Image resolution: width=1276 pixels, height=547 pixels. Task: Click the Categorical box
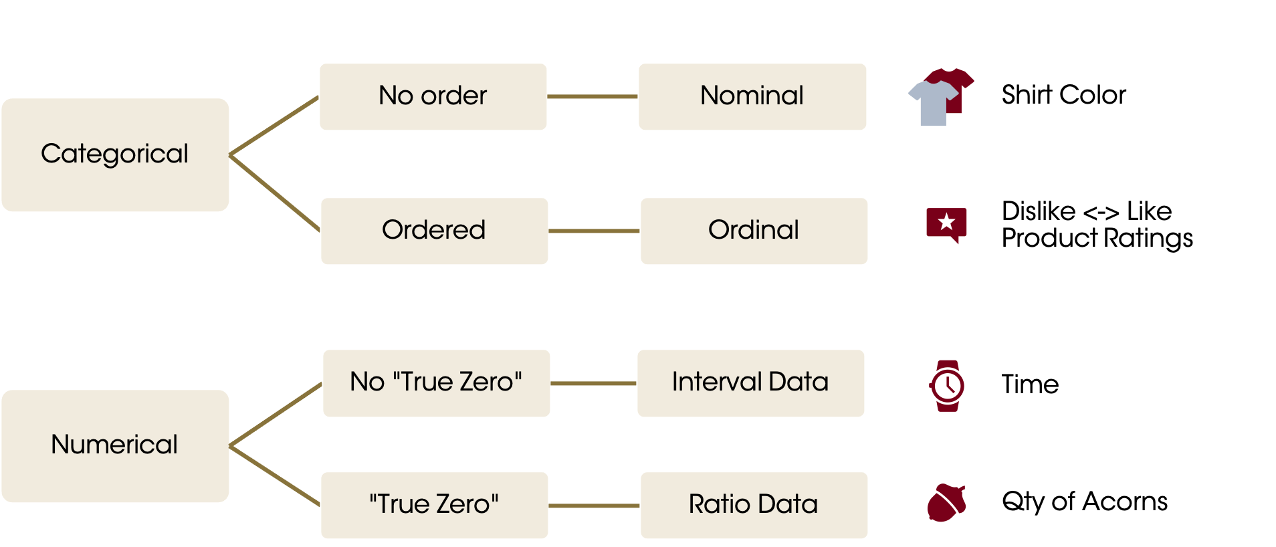click(115, 155)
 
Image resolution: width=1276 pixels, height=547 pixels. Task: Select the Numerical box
click(115, 446)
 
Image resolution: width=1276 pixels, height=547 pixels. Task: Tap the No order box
click(433, 97)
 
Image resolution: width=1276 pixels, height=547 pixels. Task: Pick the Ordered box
click(434, 231)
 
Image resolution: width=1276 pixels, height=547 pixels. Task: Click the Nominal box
click(752, 97)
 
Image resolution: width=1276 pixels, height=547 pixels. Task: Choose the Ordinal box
click(754, 231)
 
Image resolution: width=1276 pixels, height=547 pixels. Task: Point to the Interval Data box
click(750, 383)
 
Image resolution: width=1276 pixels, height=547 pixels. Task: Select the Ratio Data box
click(754, 506)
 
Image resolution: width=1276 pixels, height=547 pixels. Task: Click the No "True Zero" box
click(436, 383)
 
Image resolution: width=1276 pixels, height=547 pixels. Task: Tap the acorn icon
click(946, 503)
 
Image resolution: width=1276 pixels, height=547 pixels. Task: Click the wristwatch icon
click(947, 385)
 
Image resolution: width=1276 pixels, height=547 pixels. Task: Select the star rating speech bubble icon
click(946, 224)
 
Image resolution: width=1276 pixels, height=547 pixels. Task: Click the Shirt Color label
click(1063, 95)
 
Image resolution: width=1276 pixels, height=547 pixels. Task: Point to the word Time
click(1030, 385)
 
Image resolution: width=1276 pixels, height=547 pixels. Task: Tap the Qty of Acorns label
click(1084, 502)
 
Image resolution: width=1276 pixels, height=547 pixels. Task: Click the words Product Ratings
click(1097, 238)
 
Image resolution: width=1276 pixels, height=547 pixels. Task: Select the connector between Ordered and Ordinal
click(594, 231)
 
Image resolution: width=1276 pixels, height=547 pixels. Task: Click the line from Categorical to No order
click(274, 126)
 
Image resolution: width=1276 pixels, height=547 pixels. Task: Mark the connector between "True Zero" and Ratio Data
click(594, 506)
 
